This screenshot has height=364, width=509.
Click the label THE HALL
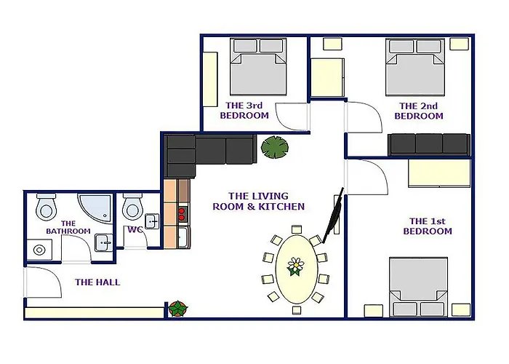point(97,282)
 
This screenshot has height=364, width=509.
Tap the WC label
point(135,230)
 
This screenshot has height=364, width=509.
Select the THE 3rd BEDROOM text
point(244,111)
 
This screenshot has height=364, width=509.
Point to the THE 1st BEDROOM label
point(428,226)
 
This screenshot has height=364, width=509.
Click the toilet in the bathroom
point(46,207)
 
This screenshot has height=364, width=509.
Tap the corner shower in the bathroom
point(95,207)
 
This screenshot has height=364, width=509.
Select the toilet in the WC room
point(132,207)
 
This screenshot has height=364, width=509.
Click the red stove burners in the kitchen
point(182,215)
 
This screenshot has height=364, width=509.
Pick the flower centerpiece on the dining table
point(296,266)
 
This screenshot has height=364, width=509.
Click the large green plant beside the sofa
point(275,147)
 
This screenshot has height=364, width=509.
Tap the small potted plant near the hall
point(177,309)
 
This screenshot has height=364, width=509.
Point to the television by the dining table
point(332,215)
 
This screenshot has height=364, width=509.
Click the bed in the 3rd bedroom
point(258,67)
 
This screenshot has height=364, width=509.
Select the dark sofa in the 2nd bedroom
point(429,145)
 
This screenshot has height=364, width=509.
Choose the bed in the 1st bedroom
point(418,287)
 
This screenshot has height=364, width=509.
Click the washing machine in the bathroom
point(39,250)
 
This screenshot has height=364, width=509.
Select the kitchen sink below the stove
point(184,237)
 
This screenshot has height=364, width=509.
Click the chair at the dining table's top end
point(297,229)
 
